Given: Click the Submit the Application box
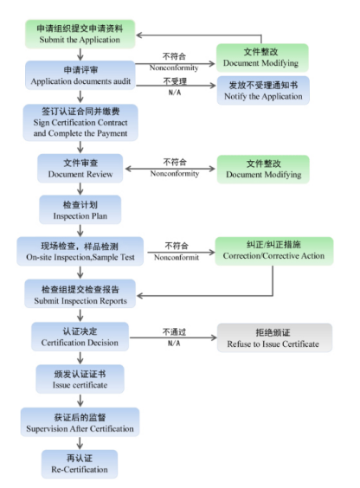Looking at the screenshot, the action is pyautogui.click(x=80, y=34).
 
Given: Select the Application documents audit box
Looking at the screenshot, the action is pyautogui.click(x=80, y=75).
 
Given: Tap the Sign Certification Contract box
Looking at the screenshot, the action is pyautogui.click(x=80, y=122).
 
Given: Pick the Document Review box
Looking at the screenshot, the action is pyautogui.click(x=80, y=169).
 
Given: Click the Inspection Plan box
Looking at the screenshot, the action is pyautogui.click(x=80, y=209).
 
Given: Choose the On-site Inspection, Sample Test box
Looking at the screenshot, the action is pyautogui.click(x=80, y=252).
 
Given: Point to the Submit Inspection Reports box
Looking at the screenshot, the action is pyautogui.click(x=80, y=294).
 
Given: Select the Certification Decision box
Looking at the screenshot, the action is pyautogui.click(x=80, y=337).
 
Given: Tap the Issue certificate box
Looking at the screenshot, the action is pyautogui.click(x=80, y=379).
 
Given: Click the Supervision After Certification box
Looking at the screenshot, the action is pyautogui.click(x=80, y=422).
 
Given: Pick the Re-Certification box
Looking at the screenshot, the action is pyautogui.click(x=80, y=464).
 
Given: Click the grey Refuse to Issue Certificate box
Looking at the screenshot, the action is pyautogui.click(x=274, y=337).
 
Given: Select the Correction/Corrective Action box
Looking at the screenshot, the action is pyautogui.click(x=274, y=251).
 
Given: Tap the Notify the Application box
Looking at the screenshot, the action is pyautogui.click(x=263, y=91).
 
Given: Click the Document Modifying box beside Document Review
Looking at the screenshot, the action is pyautogui.click(x=263, y=170).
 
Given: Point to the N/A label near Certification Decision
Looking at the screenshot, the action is pyautogui.click(x=174, y=344).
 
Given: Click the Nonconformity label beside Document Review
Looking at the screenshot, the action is pyautogui.click(x=175, y=174).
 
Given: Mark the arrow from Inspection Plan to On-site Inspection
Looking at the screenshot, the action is pyautogui.click(x=80, y=231).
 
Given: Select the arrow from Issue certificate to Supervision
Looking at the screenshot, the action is pyautogui.click(x=80, y=401).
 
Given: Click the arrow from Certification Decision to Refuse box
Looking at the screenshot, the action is pyautogui.click(x=173, y=337).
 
